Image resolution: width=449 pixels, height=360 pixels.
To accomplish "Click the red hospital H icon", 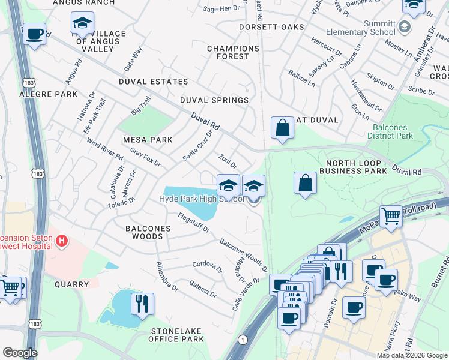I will (x=60, y=241).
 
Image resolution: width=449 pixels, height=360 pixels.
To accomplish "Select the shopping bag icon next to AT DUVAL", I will (x=282, y=127).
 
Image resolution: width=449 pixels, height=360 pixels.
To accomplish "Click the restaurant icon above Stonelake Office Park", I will (x=142, y=304).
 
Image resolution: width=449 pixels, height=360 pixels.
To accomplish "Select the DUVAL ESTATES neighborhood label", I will (x=153, y=82).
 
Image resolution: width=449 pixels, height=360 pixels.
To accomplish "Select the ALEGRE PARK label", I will (x=49, y=94).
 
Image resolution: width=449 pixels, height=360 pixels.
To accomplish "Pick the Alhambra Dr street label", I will (x=167, y=276).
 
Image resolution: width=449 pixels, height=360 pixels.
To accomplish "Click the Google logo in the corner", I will (x=20, y=353).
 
